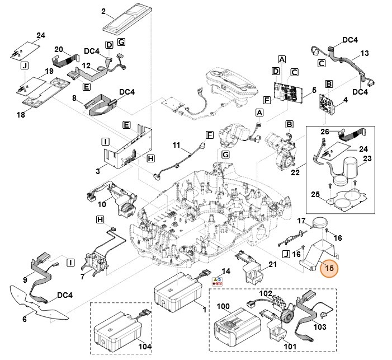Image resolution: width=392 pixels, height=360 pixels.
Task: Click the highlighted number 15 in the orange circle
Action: pos(329,269)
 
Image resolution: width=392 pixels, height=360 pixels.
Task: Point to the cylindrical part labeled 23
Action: pos(350,167)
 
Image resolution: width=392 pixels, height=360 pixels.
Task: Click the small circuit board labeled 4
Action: pos(329,103)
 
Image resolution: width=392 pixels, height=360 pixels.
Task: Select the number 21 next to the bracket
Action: pos(272,264)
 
